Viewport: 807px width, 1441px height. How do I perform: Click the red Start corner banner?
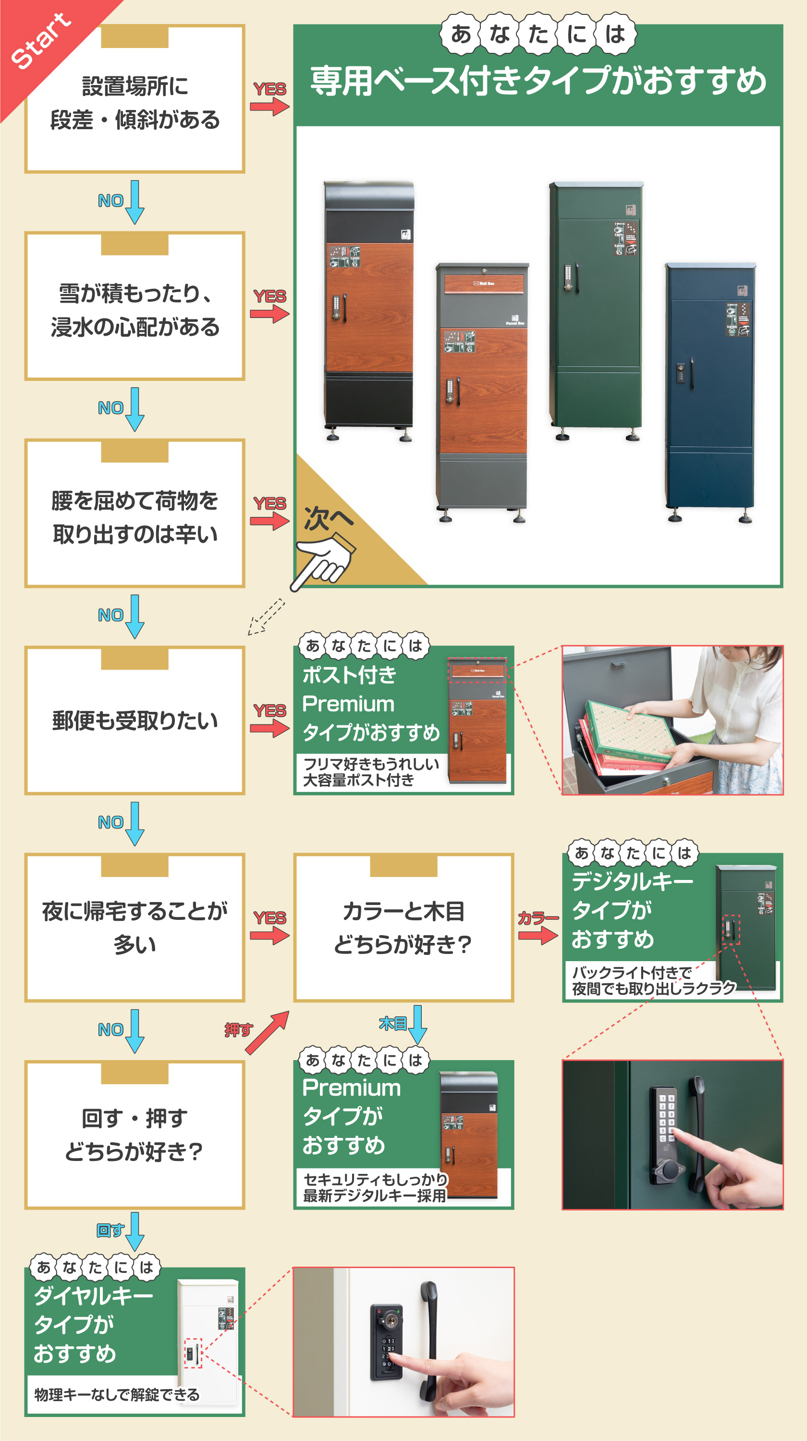(x=39, y=42)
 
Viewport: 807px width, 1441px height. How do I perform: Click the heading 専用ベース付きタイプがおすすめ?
(x=538, y=81)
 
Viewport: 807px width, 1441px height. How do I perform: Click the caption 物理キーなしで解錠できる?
(x=116, y=1394)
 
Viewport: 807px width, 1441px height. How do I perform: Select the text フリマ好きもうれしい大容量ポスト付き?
(x=370, y=772)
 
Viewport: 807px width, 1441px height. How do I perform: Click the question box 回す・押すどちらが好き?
(x=135, y=1135)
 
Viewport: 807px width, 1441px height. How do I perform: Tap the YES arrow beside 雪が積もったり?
(x=269, y=313)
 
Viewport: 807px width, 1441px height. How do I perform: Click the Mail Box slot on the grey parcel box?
(x=484, y=283)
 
